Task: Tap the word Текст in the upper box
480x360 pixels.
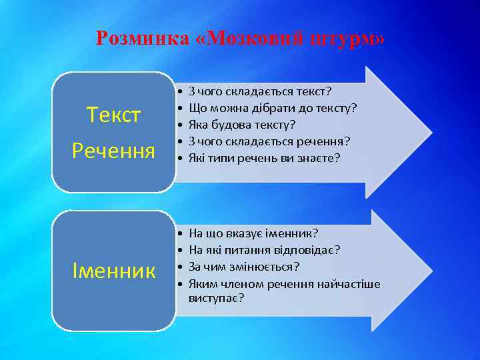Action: pos(114,115)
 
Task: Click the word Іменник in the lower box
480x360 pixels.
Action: pos(114,271)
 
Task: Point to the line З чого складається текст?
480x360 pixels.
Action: pos(261,91)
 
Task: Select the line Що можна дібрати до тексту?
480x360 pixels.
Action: pos(273,107)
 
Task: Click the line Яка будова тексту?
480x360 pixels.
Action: pos(243,124)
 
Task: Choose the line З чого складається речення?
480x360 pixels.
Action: pos(269,141)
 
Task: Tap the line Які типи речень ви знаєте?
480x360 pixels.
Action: pos(265,157)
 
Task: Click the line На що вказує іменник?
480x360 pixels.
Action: pos(254,233)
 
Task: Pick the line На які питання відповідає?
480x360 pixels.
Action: pos(265,250)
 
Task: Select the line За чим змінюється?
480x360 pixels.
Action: pos(244,267)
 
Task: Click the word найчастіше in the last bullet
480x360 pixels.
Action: pos(352,284)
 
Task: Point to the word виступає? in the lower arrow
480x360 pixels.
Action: pos(217,298)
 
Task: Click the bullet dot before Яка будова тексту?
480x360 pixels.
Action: pos(181,124)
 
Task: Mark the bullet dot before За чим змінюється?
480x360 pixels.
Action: pos(181,267)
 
